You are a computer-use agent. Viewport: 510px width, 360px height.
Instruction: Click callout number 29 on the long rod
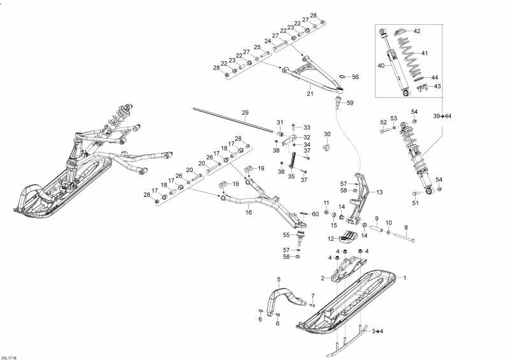point(245,113)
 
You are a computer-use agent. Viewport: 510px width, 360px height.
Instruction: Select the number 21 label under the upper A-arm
point(310,94)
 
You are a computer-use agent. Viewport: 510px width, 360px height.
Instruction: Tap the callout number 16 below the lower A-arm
point(249,213)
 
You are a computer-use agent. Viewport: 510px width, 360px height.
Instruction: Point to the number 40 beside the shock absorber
point(381,66)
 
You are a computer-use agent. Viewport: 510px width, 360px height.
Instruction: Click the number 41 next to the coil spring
point(425,53)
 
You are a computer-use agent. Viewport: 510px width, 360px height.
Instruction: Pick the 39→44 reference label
point(442,116)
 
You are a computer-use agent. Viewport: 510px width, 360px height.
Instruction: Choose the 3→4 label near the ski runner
point(377,331)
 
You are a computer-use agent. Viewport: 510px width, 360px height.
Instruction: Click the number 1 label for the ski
point(405,278)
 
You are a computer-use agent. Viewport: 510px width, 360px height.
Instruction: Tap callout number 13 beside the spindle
point(379,192)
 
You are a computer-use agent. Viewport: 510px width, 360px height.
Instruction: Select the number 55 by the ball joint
point(286,235)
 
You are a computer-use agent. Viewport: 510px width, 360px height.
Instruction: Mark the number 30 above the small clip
point(327,134)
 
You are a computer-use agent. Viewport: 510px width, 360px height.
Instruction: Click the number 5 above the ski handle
point(279,279)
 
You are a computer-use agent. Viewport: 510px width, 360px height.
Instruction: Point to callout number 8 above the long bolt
point(406,227)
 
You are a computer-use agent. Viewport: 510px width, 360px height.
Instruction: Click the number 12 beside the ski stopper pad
point(331,239)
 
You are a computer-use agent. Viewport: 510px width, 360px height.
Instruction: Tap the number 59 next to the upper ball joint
point(350,103)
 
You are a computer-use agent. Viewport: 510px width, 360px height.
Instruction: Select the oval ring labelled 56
point(342,76)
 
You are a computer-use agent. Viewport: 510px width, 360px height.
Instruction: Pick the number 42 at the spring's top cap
point(417,31)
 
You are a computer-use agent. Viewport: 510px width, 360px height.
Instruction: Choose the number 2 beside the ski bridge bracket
point(323,278)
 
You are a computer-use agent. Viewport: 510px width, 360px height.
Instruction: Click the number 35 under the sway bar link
point(291,176)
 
